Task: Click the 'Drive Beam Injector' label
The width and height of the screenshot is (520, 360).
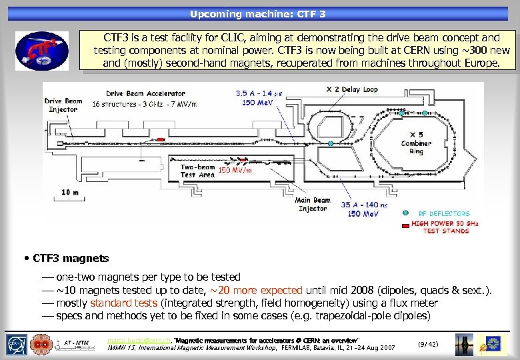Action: point(63,105)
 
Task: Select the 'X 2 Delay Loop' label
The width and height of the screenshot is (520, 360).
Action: point(351,89)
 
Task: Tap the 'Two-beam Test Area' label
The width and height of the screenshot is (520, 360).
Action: point(198,171)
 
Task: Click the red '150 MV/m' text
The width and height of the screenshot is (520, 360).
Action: point(235,171)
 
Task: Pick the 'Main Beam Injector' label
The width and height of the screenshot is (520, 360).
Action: point(313,204)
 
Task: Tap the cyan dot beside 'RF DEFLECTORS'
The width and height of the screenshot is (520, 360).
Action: point(405,213)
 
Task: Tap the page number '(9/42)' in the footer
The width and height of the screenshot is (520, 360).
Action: point(427,343)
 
